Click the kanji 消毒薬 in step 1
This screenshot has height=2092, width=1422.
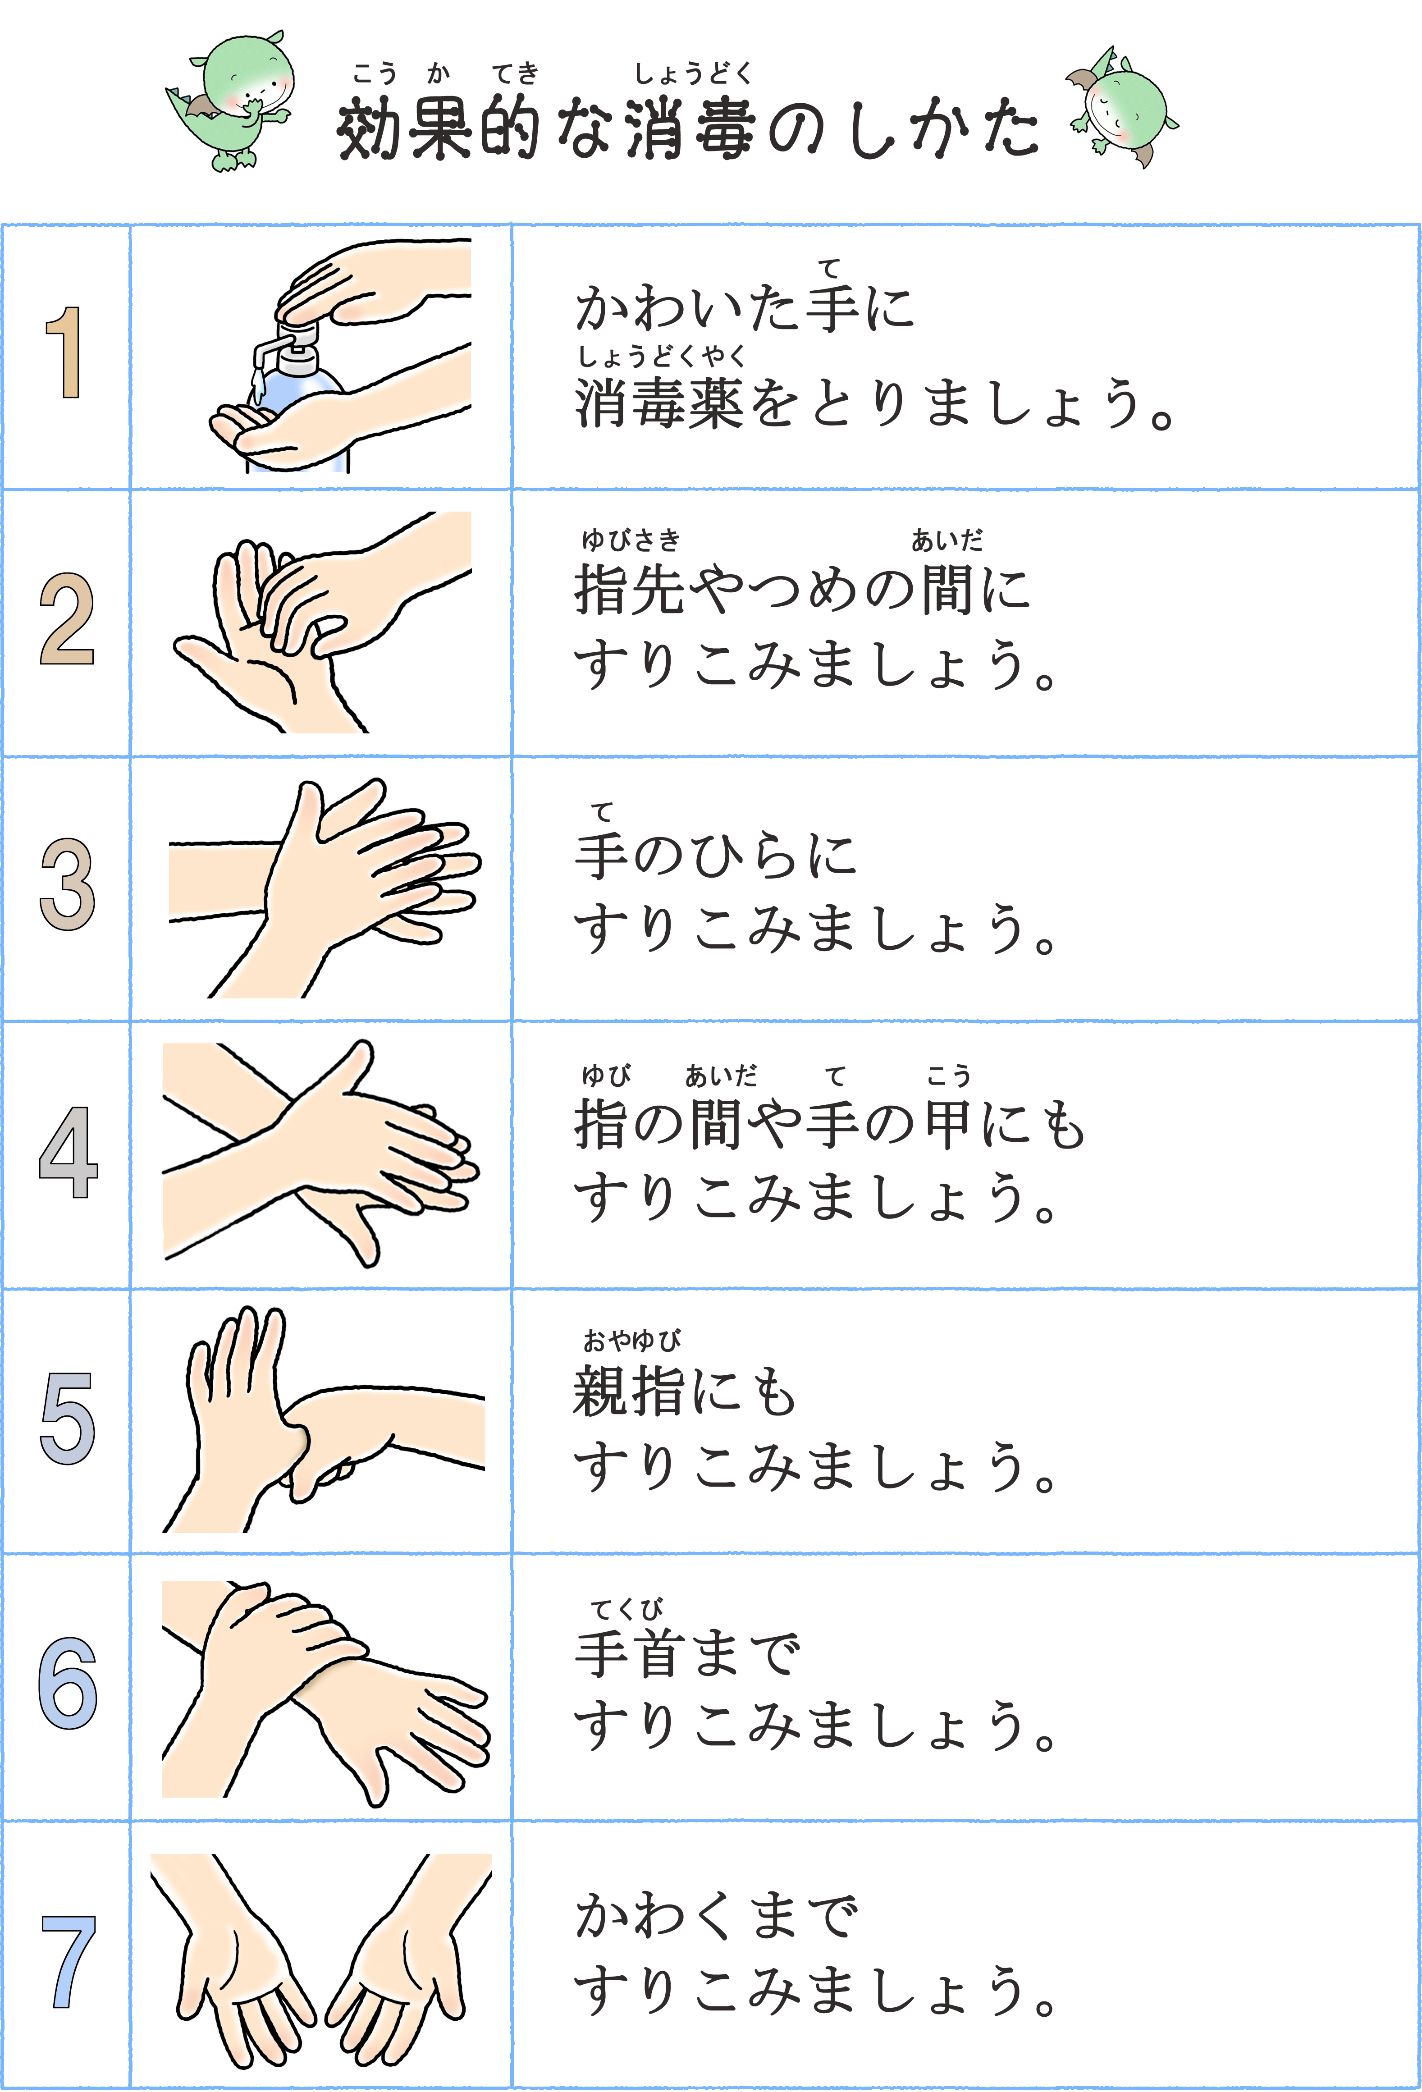coord(659,403)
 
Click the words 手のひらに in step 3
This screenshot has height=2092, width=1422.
coord(715,855)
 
